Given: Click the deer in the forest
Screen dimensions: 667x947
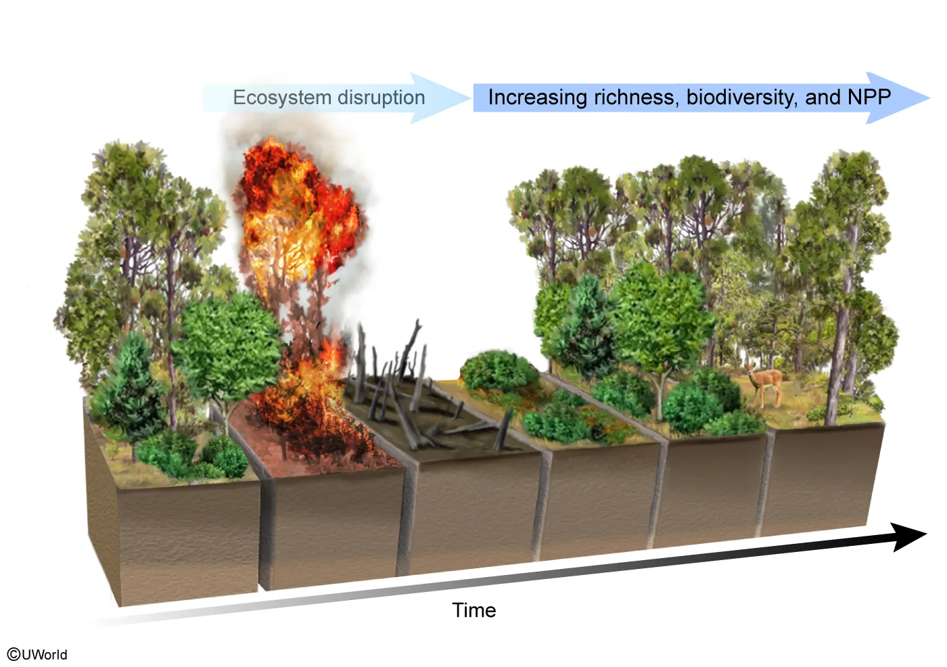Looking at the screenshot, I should coord(765,385).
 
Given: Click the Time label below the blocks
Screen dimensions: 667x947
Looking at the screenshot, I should coord(473,610).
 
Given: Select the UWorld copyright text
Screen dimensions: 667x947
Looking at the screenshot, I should coord(38,654).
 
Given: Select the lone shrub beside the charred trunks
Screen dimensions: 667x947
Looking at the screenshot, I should coord(499,371).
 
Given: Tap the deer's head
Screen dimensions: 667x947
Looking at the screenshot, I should coord(751,370).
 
